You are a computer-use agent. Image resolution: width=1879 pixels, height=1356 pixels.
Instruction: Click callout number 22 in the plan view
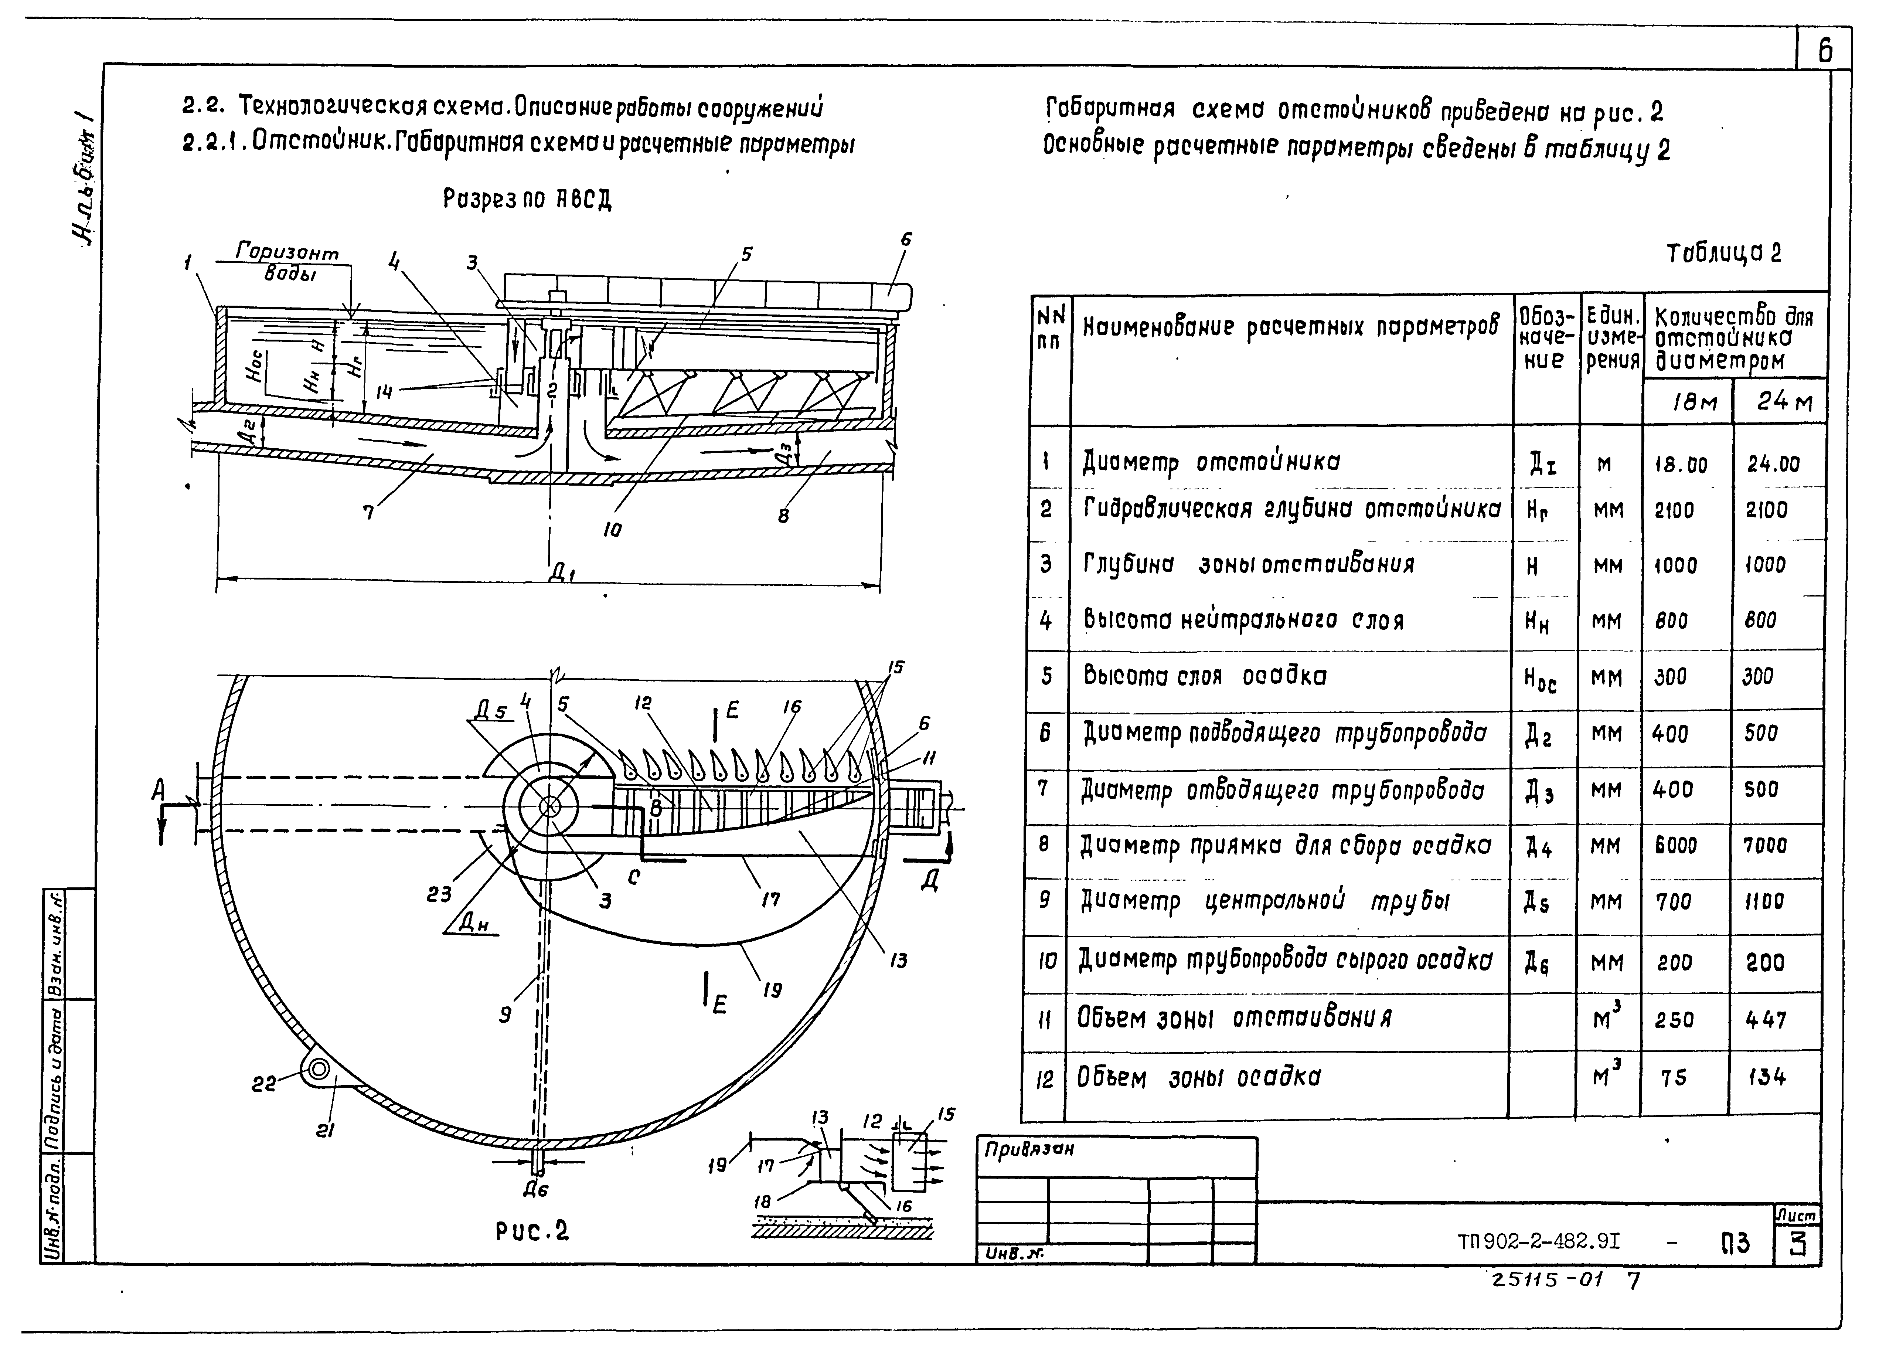264,1083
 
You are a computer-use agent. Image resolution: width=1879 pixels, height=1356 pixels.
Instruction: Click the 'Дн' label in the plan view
474,922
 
